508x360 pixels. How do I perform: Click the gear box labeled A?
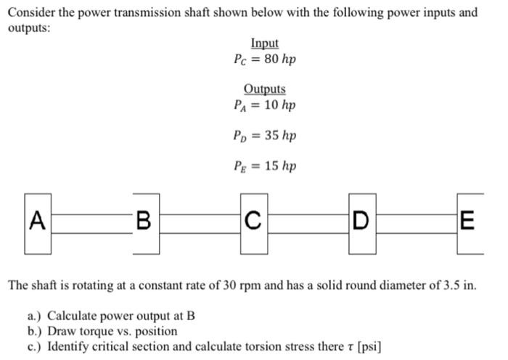coord(38,223)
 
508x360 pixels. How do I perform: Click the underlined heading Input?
coord(264,44)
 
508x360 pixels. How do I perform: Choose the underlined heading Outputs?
coord(264,89)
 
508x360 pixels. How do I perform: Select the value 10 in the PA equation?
coord(272,105)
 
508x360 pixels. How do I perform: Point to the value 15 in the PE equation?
coord(272,166)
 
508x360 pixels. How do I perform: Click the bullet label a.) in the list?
coord(34,316)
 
